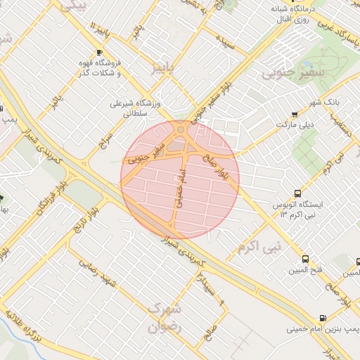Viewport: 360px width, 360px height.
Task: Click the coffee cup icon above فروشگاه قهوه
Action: pyautogui.click(x=98, y=53)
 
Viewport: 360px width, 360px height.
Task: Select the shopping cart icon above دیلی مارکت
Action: pyautogui.click(x=295, y=115)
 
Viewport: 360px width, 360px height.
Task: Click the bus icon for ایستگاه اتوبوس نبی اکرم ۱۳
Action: pyautogui.click(x=298, y=193)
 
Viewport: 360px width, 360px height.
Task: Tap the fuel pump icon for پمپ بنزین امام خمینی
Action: pyautogui.click(x=323, y=318)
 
